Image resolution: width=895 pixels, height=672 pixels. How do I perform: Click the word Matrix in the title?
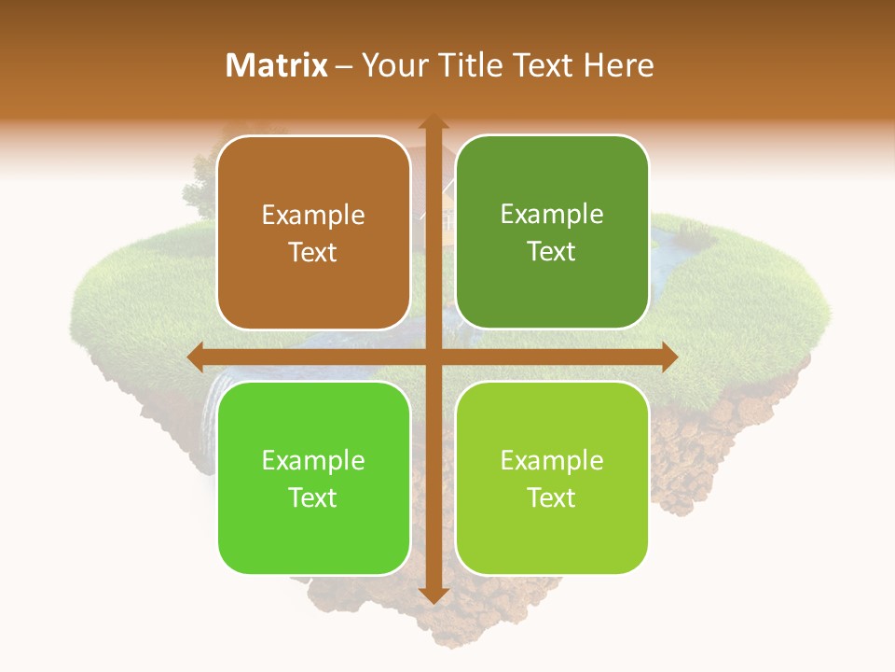click(x=277, y=65)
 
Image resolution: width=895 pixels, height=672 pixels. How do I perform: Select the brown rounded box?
click(x=313, y=232)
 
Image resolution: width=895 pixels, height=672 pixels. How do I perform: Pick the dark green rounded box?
click(x=552, y=232)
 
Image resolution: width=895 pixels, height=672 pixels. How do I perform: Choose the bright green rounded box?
click(x=313, y=478)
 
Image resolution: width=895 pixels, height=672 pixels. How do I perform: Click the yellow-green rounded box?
click(x=552, y=478)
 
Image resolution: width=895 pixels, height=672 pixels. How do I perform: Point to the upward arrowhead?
click(x=434, y=122)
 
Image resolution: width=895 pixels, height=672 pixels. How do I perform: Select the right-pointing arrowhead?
click(x=668, y=357)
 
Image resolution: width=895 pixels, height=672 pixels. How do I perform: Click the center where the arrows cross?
click(x=434, y=357)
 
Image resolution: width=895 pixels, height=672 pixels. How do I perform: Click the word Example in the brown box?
click(x=313, y=216)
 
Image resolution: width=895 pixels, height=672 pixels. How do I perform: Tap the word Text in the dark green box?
click(x=552, y=252)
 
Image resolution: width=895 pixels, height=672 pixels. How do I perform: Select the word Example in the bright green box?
click(x=313, y=461)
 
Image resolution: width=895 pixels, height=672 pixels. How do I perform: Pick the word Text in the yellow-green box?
click(x=552, y=497)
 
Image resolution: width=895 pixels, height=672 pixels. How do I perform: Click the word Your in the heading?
click(x=395, y=65)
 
